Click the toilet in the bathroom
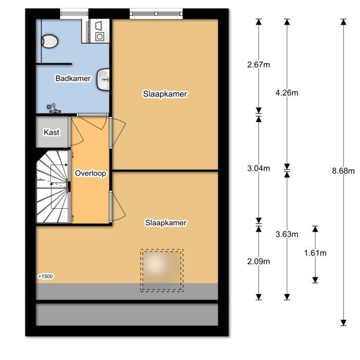point(49,40)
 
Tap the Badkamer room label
point(73,79)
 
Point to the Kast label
point(51,132)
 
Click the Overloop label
point(90,174)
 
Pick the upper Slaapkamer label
point(165,94)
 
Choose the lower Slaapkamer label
point(165,223)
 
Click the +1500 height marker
point(46,277)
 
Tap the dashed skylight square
point(162,271)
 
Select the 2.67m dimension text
point(259,65)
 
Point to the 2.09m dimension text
point(259,261)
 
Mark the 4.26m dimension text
point(287,93)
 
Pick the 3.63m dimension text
point(287,235)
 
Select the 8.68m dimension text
point(344,171)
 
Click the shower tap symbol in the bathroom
point(53,107)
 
